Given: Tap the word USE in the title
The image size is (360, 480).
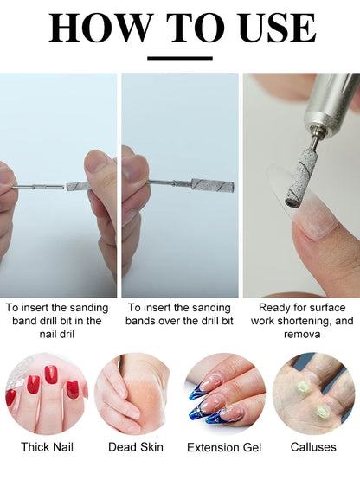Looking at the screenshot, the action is coord(277,28).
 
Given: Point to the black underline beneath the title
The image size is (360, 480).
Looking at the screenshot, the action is coord(180,58).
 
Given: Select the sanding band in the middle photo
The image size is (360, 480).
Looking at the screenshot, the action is coord(213,184).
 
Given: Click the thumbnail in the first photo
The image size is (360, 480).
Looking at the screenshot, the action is coord(96,163).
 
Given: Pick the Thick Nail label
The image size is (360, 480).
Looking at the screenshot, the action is coord(48,447).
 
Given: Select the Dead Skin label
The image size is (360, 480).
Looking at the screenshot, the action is coord(135,447).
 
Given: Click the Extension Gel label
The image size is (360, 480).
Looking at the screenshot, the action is coord(224,447).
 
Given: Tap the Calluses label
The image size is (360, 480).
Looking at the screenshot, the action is coord(313,447).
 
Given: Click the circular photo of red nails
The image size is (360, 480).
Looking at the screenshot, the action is coord(47,394).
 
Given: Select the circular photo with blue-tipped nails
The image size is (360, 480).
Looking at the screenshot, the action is coord(225,394).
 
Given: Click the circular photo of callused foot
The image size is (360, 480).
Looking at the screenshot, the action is coord(314,394).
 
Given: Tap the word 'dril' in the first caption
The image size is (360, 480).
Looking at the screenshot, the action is coord(65,334).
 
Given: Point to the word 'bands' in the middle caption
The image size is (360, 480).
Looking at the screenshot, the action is coord(140,321).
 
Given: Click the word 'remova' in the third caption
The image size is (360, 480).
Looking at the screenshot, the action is coord(302,335).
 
